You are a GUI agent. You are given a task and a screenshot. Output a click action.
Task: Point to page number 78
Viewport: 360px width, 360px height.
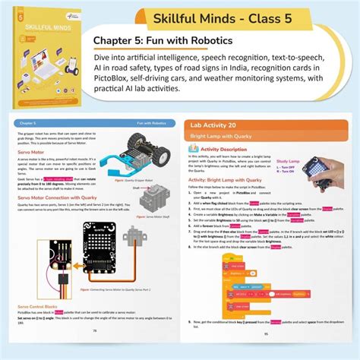(95, 352)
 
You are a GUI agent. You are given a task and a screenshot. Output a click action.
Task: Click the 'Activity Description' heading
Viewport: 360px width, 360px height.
(235, 150)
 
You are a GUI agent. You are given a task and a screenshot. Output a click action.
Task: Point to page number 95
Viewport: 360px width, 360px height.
(266, 352)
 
